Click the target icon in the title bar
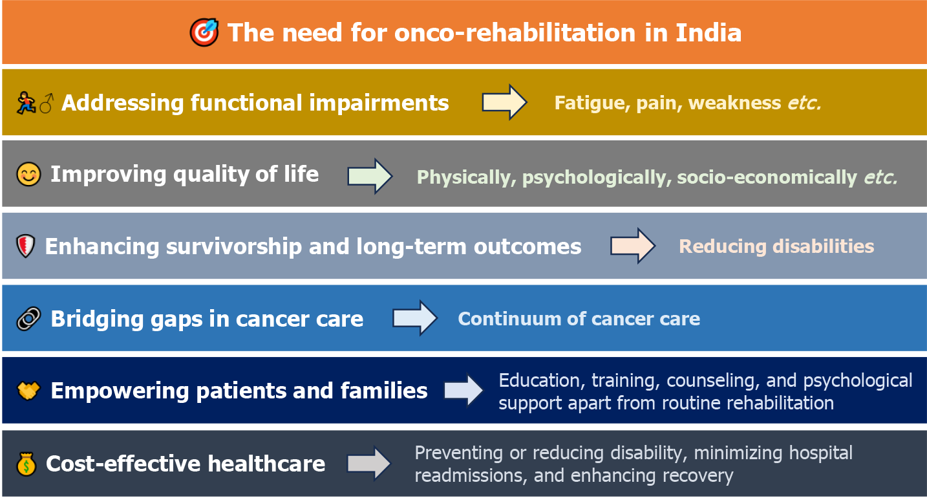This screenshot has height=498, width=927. click(204, 32)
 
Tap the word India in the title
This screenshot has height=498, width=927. click(708, 33)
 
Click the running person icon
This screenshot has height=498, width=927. click(26, 103)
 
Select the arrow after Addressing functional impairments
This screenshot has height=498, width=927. click(504, 102)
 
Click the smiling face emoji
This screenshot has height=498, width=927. click(28, 174)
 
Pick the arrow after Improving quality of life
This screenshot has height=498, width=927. click(370, 176)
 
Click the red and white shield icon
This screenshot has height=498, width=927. click(26, 246)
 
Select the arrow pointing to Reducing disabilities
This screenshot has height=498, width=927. click(633, 246)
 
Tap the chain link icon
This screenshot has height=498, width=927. click(28, 319)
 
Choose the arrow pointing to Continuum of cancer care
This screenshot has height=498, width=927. click(415, 318)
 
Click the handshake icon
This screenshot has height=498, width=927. click(28, 391)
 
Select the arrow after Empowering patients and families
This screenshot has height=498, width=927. click(464, 390)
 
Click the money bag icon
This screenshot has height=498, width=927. click(27, 464)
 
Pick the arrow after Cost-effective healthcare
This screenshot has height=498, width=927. click(369, 463)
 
